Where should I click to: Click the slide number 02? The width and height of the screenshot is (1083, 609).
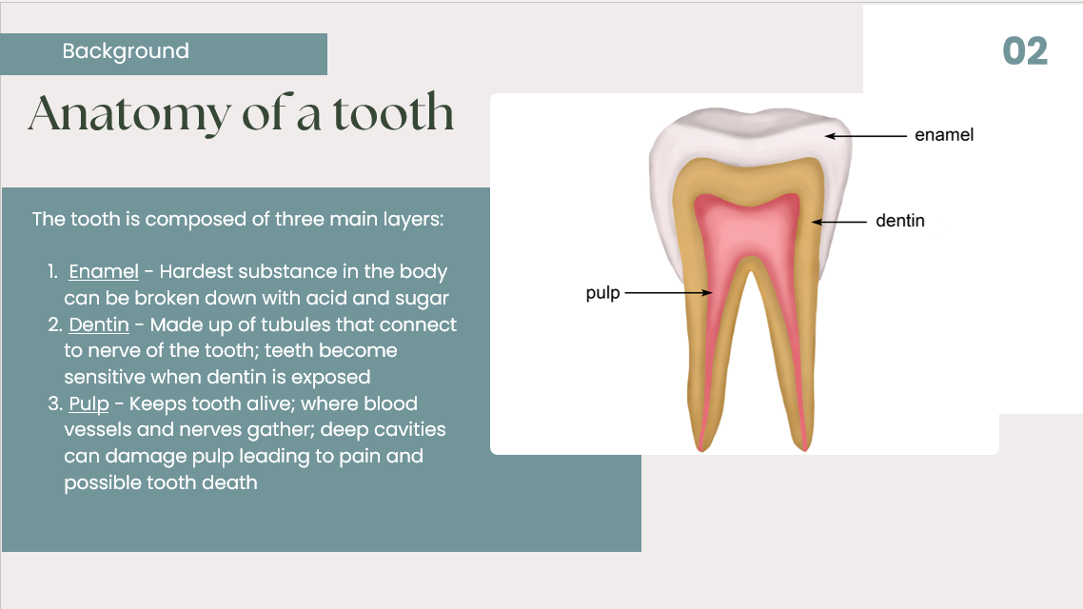(1025, 51)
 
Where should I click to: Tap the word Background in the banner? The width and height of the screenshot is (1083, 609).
(126, 51)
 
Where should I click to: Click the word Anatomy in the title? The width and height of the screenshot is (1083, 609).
(128, 114)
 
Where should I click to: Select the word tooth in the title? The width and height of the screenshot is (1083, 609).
(394, 112)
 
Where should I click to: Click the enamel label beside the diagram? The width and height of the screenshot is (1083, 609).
(944, 134)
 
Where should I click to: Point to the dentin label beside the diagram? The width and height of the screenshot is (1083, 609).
(900, 221)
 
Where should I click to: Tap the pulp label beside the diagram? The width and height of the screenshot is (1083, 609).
(603, 293)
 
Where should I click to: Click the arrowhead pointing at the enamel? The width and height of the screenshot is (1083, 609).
(829, 136)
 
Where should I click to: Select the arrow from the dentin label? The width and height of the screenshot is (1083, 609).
(838, 222)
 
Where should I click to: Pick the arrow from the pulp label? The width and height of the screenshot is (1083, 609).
(668, 293)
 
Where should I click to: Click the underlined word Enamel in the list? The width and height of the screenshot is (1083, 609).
(104, 271)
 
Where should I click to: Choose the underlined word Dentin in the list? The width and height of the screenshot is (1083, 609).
(99, 324)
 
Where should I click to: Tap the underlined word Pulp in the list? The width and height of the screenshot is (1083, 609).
(89, 403)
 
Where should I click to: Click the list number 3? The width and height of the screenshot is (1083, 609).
(54, 403)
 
